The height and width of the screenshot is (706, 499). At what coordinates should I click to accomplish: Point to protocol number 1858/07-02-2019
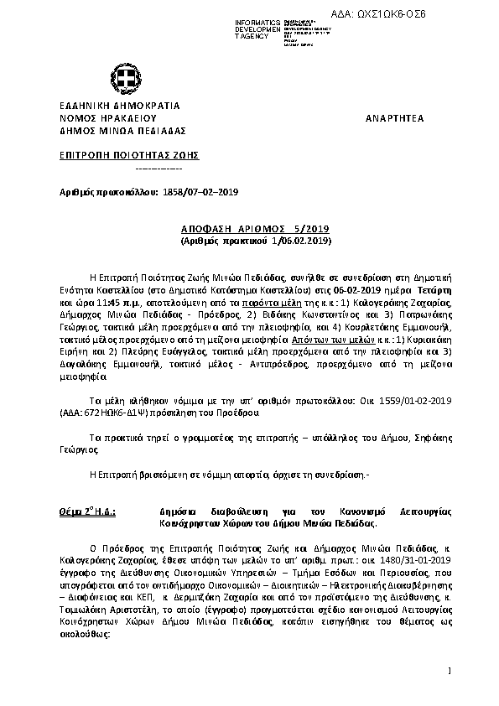200,192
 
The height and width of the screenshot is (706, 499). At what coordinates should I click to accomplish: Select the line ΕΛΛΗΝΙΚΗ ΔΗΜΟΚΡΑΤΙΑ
114,106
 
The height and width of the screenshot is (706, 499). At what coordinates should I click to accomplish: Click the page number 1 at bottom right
450,670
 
